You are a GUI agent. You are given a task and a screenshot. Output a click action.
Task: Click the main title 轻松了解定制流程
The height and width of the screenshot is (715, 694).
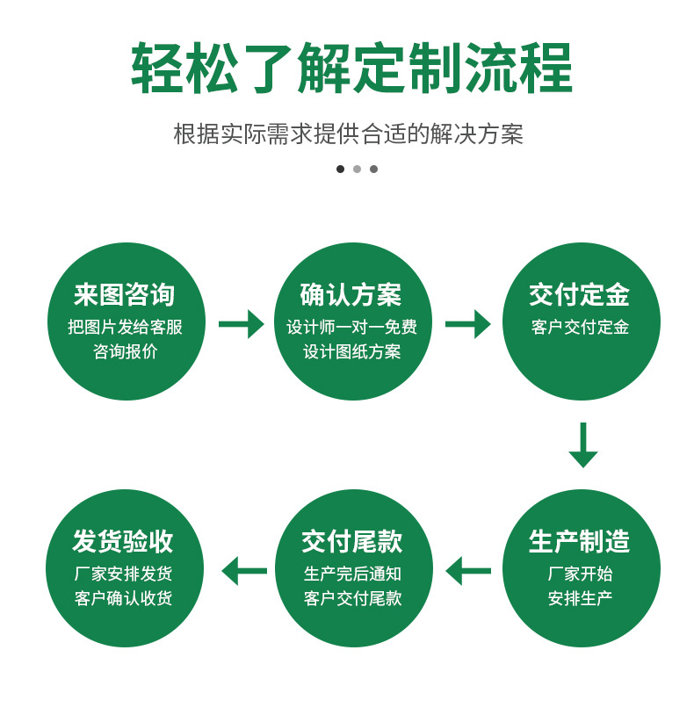pyautogui.click(x=351, y=69)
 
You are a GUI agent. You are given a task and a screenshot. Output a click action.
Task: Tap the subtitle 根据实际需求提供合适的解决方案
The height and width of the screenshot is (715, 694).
pyautogui.click(x=348, y=134)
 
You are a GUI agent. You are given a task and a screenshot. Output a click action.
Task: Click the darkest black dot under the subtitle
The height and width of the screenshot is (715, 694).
pyautogui.click(x=340, y=169)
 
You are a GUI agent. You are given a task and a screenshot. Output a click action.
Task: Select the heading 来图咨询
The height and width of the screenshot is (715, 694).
pyautogui.click(x=125, y=295)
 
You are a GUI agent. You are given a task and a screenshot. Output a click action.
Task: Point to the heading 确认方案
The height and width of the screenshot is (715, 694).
pyautogui.click(x=351, y=295)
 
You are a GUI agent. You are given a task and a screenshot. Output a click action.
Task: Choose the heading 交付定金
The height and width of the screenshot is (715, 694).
pyautogui.click(x=580, y=295)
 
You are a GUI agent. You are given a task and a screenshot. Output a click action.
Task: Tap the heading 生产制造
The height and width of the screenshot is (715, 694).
pyautogui.click(x=580, y=541)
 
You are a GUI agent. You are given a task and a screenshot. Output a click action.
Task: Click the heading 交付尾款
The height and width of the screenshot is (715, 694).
pyautogui.click(x=351, y=541)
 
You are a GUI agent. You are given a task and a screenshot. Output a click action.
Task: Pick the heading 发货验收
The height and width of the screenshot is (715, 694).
pyautogui.click(x=123, y=541)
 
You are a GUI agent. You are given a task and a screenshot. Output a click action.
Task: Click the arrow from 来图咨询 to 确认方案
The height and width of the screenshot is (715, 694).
pyautogui.click(x=241, y=324)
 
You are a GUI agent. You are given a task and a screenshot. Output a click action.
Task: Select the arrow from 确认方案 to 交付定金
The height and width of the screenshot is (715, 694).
pyautogui.click(x=467, y=324)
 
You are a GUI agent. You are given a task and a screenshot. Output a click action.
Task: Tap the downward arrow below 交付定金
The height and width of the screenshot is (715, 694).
pyautogui.click(x=582, y=444)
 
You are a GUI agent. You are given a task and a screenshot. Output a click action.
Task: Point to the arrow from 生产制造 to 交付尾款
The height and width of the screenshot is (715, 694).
pyautogui.click(x=467, y=571)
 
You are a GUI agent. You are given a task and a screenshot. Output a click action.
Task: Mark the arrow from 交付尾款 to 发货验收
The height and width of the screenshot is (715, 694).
pyautogui.click(x=243, y=571)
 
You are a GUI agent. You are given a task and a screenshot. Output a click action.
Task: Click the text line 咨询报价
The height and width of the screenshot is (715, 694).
pyautogui.click(x=125, y=351)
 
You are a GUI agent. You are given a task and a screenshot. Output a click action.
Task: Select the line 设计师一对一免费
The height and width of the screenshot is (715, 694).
pyautogui.click(x=351, y=328)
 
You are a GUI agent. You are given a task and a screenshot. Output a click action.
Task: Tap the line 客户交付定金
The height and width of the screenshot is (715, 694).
pyautogui.click(x=580, y=328)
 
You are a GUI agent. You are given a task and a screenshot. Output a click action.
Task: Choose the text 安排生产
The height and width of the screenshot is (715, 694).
pyautogui.click(x=580, y=598)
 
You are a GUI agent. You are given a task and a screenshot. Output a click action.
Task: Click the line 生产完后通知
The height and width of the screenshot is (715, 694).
pyautogui.click(x=351, y=574)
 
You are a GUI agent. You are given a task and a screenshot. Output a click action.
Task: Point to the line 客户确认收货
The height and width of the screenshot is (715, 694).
pyautogui.click(x=123, y=598)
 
